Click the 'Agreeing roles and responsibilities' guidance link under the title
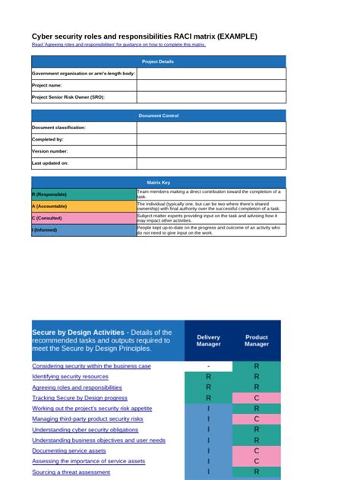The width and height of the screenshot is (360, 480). click(x=118, y=45)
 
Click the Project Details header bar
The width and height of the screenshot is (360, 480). click(x=159, y=62)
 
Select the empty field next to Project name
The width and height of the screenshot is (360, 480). click(x=211, y=85)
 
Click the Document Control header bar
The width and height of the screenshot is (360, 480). click(x=159, y=115)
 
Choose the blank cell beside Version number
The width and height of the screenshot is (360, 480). click(x=211, y=151)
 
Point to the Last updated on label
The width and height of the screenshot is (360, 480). click(x=50, y=163)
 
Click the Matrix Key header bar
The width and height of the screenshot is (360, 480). click(x=159, y=182)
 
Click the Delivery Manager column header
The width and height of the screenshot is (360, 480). click(x=208, y=341)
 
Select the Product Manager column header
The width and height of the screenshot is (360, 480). click(x=257, y=341)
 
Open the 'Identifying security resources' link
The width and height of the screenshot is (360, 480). click(x=70, y=377)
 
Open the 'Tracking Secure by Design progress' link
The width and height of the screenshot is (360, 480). click(x=80, y=398)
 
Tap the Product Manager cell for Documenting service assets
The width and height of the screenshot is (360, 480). click(x=257, y=450)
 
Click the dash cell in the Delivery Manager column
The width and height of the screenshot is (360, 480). click(x=208, y=366)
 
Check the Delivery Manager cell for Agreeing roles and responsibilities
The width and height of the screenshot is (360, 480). click(x=208, y=387)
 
